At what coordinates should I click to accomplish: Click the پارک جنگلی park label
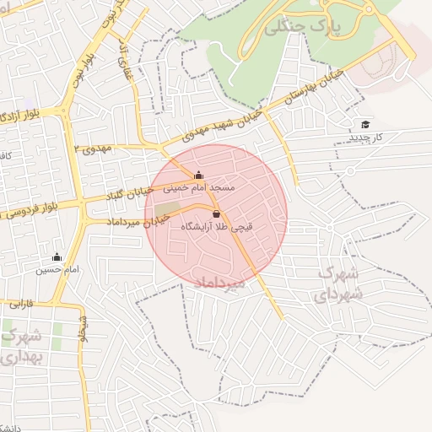click(306, 27)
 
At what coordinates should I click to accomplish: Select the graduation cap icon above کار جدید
click(365, 124)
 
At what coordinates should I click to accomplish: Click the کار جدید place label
click(367, 136)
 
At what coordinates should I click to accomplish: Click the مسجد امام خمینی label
click(208, 186)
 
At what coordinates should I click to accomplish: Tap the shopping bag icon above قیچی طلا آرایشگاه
click(217, 213)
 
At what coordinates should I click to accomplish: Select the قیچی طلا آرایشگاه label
click(218, 226)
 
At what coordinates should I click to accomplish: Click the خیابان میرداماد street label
click(132, 222)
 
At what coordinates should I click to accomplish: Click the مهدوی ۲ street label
click(93, 148)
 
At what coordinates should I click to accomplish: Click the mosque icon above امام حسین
click(57, 256)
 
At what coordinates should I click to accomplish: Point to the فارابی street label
click(20, 301)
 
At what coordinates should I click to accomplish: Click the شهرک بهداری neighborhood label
click(19, 347)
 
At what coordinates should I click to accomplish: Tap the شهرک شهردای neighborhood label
click(337, 284)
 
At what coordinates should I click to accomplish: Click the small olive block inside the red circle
click(167, 208)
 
